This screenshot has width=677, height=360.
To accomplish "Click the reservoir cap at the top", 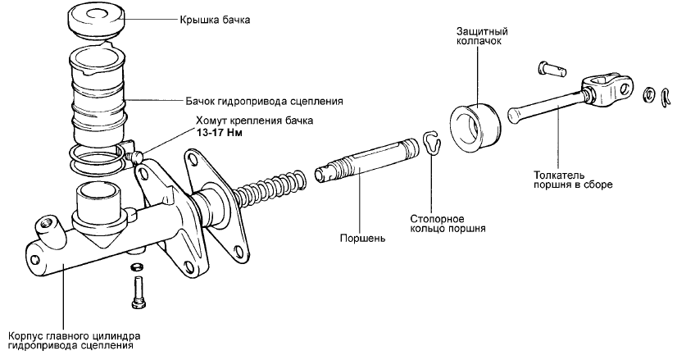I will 97,22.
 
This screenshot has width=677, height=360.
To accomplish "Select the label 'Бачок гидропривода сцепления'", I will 263,102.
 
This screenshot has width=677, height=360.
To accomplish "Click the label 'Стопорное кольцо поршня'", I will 447,224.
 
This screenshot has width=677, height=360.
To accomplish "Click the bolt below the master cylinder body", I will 137,291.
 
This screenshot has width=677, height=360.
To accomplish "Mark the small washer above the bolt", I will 136,267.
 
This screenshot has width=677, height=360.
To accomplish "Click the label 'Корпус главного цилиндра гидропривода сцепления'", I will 74,340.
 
